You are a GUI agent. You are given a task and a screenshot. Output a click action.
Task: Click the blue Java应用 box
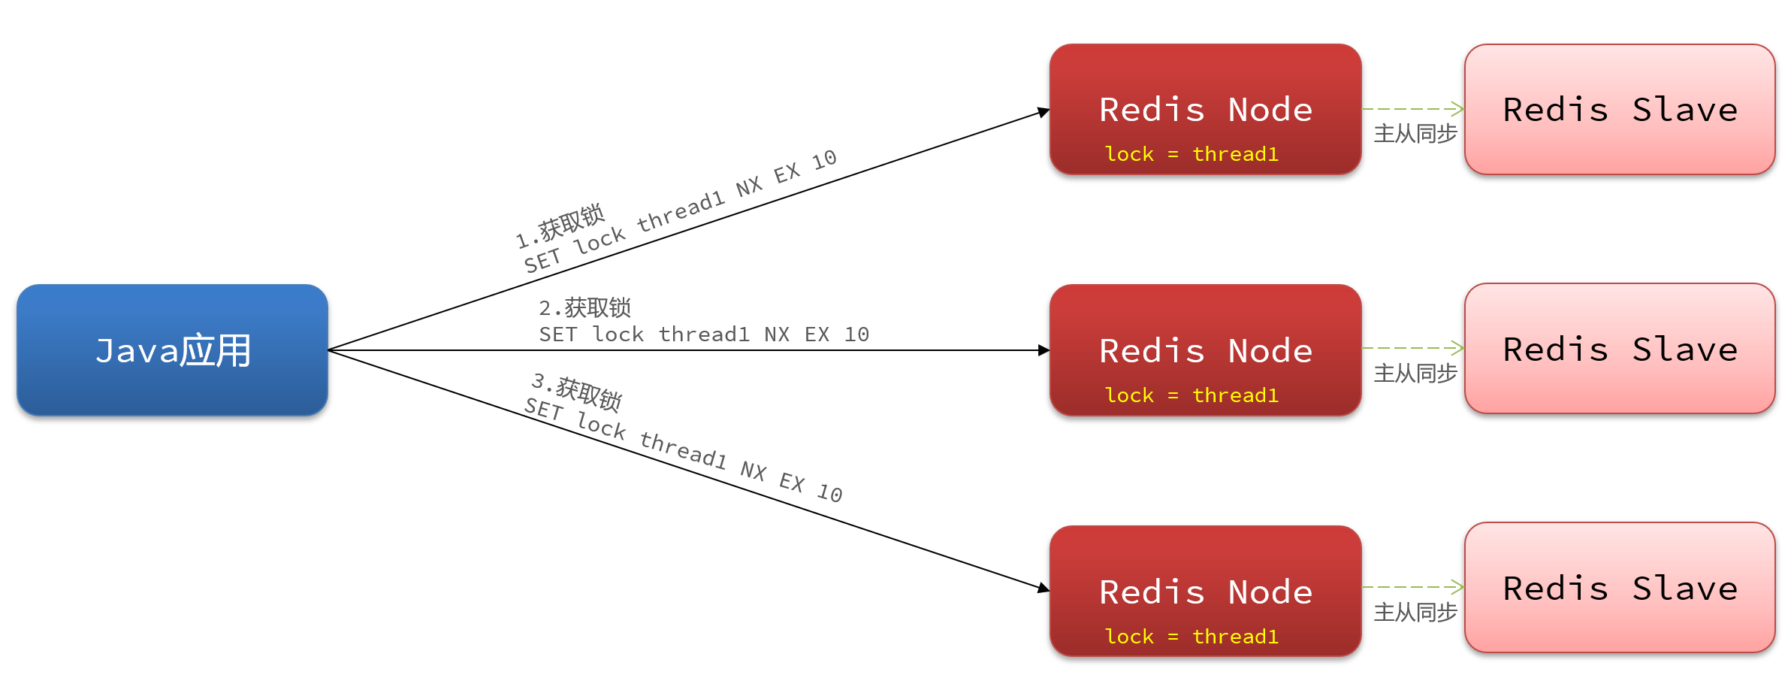click(x=172, y=350)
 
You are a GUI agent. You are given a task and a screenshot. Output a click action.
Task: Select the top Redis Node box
click(x=1205, y=109)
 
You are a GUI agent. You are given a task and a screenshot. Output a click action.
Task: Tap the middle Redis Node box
click(x=1205, y=350)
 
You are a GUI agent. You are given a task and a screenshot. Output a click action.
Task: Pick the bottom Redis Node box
click(x=1205, y=592)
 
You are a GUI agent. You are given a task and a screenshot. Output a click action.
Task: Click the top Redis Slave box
click(x=1620, y=109)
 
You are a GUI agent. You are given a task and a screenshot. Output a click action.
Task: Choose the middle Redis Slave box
click(x=1620, y=349)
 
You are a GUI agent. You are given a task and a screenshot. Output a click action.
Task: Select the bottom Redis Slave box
click(x=1620, y=588)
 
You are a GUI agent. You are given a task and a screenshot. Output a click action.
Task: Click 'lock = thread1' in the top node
click(x=1191, y=154)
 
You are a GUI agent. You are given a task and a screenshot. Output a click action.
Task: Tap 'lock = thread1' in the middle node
click(x=1191, y=395)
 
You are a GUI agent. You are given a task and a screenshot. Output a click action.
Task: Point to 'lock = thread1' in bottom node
click(x=1191, y=637)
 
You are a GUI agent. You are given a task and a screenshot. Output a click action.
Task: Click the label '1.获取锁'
click(x=560, y=225)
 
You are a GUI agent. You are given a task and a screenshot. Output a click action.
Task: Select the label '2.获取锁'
click(x=585, y=307)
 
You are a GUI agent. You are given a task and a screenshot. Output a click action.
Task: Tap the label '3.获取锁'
click(x=577, y=392)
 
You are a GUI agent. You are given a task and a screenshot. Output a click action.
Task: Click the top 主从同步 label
click(x=1415, y=134)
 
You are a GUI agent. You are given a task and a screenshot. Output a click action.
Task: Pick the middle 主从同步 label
click(x=1415, y=374)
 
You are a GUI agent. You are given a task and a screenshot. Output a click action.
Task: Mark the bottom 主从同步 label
click(x=1415, y=613)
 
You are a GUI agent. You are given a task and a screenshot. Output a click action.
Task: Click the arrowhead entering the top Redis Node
click(x=1043, y=112)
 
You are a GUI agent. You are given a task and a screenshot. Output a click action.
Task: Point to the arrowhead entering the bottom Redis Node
click(x=1043, y=589)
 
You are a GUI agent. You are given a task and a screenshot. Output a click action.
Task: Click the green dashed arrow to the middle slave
click(x=1412, y=348)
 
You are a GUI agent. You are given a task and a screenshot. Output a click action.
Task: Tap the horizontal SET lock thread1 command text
click(x=704, y=334)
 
